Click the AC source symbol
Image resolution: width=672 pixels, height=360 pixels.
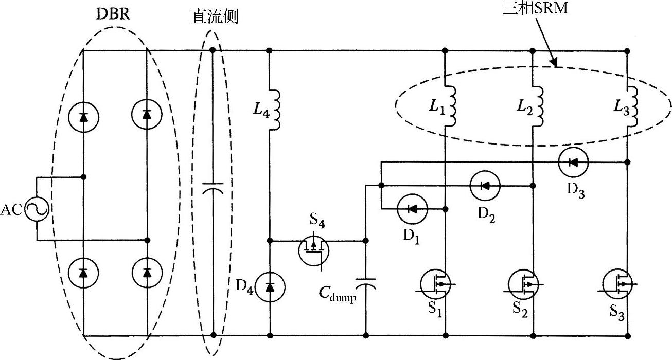point(37,209)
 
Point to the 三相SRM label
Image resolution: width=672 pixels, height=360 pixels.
point(535,8)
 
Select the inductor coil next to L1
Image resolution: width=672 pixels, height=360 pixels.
point(451,105)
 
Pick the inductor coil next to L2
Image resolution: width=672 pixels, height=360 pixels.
point(538,105)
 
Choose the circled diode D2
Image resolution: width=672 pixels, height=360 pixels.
point(485,186)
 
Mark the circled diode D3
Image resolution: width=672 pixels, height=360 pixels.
point(572,163)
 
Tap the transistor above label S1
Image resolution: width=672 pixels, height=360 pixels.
point(436,284)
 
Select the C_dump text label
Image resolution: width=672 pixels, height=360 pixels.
point(337,295)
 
